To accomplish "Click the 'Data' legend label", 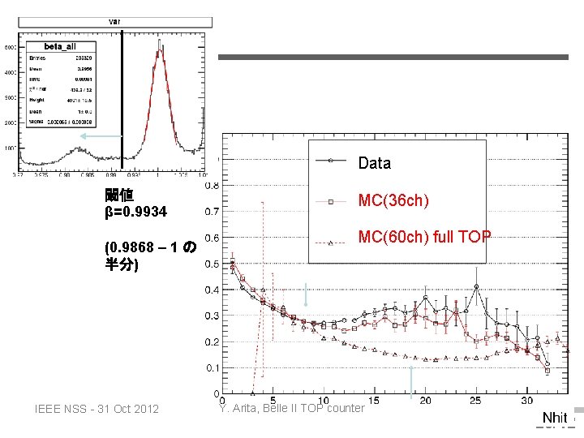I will [x=374, y=163].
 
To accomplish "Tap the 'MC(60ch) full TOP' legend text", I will [x=424, y=237].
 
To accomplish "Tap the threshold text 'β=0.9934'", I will [x=135, y=212].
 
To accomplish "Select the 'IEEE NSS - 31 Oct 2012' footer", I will [x=97, y=408].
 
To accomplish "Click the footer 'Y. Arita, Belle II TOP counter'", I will [x=291, y=408].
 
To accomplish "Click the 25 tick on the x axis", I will [x=475, y=400].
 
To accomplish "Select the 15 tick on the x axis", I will [x=373, y=400].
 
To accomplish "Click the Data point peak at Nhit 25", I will [x=476, y=286].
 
